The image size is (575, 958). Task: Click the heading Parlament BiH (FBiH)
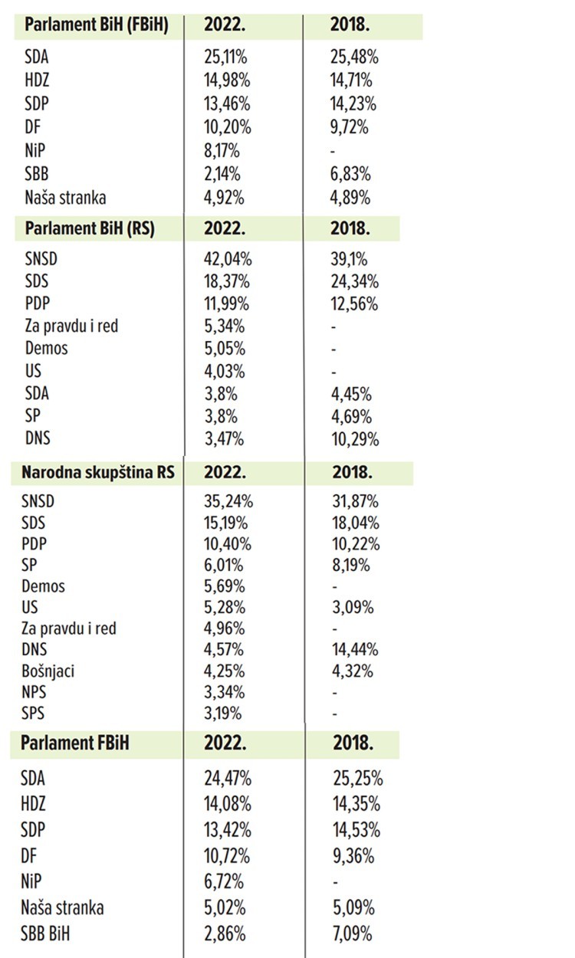96,25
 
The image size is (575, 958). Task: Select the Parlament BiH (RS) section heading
90,228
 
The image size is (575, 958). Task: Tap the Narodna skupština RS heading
98,472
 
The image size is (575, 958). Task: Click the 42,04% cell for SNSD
228,259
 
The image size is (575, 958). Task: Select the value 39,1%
349,259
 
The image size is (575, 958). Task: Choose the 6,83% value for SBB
350,175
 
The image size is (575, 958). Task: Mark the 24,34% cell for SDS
354,281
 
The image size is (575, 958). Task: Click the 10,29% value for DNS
354,440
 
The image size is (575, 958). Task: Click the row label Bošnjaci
50,671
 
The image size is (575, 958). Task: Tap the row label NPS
38,693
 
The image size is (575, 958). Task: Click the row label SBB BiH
54,934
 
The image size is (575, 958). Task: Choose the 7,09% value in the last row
353,934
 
